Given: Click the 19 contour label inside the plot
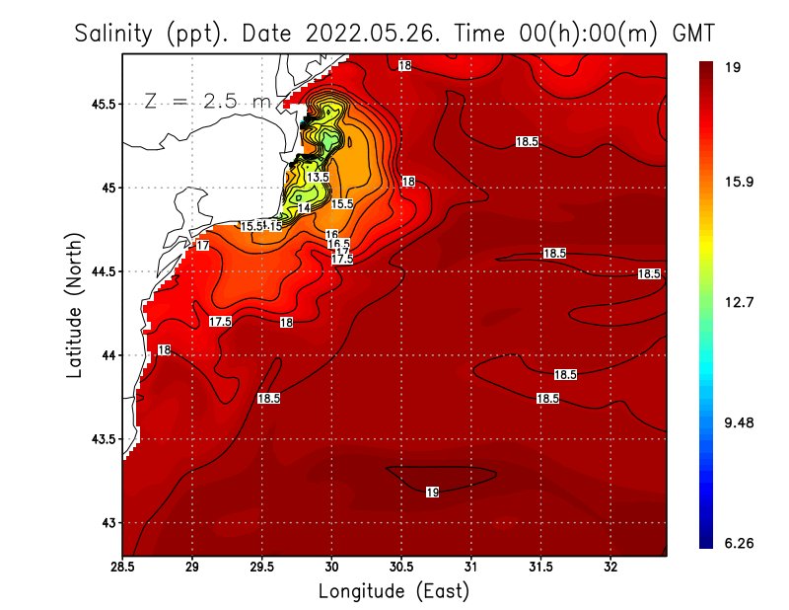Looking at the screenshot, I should pyautogui.click(x=432, y=492).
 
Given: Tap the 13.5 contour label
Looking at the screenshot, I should pyautogui.click(x=318, y=177).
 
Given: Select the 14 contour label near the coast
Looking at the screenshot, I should pyautogui.click(x=305, y=208).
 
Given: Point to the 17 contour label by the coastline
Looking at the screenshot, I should pyautogui.click(x=202, y=245).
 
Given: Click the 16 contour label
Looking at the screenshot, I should pyautogui.click(x=331, y=235).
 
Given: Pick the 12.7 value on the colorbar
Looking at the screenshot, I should pyautogui.click(x=739, y=302).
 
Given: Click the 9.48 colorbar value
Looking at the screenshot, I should pyautogui.click(x=739, y=422).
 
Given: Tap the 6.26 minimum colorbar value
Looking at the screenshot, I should pyautogui.click(x=739, y=543).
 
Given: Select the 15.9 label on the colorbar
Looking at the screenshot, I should pyautogui.click(x=739, y=182).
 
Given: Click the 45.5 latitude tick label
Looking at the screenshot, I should pyautogui.click(x=102, y=104).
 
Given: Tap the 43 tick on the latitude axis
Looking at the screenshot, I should pyautogui.click(x=108, y=522).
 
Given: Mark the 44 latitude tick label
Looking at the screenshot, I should pyautogui.click(x=108, y=354).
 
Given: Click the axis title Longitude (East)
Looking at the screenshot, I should pyautogui.click(x=394, y=591).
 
